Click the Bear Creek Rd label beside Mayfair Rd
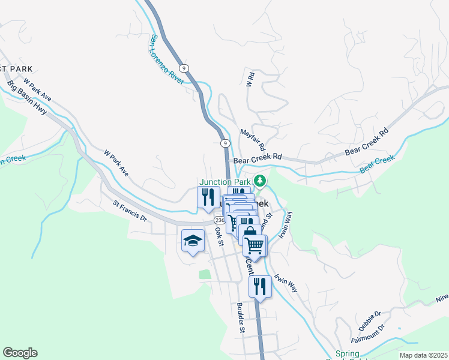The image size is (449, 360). click(258, 160)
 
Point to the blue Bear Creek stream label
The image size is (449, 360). click(378, 164)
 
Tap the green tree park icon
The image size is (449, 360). click(260, 180)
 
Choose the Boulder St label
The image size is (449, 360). click(240, 318)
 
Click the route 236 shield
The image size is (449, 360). click(217, 221)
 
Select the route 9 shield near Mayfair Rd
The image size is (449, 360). click(224, 143)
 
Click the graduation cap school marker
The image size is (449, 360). click(192, 241)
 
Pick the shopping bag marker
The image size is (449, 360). click(249, 232)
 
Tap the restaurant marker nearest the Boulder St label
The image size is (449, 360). click(260, 285)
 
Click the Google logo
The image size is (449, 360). click(20, 353)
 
